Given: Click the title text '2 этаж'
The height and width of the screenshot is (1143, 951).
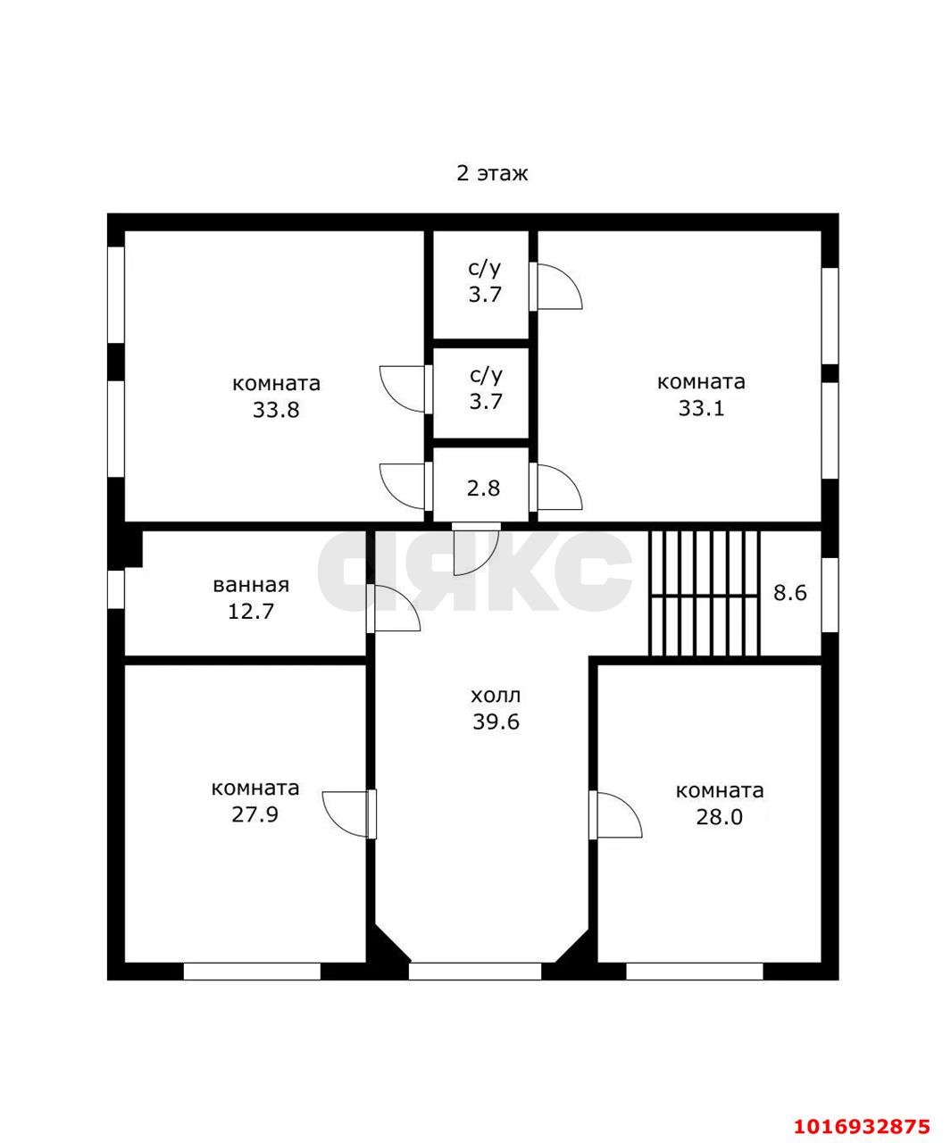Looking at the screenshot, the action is pos(492,173).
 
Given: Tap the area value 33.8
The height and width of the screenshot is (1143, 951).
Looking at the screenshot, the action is pos(276,410).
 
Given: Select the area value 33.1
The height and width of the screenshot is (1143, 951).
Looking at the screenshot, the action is pos(701,408).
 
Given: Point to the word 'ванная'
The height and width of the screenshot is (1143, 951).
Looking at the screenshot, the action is pos(251,585).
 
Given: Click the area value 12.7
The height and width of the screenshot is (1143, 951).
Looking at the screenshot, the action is pos(251,611).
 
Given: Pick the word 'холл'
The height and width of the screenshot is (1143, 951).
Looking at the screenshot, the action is pos(496,696).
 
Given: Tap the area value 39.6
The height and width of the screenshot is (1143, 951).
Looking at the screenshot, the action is pos(496,722).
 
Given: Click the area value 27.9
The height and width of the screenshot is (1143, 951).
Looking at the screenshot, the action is pos(255,814).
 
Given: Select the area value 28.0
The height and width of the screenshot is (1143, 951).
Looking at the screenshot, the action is pos(720,817).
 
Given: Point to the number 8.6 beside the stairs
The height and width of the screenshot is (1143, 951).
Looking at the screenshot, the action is pos(790,592).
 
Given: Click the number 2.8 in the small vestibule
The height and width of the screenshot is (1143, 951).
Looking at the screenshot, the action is pos(483,488).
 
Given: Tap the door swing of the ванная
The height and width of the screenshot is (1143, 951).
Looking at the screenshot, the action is pos(393,609).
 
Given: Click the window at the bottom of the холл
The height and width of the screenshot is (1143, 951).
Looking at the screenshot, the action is pos(475,971).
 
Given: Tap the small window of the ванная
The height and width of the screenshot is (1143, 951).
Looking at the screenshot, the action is pos(116,589).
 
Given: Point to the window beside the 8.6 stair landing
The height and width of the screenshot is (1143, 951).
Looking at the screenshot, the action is pos(830,595).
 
